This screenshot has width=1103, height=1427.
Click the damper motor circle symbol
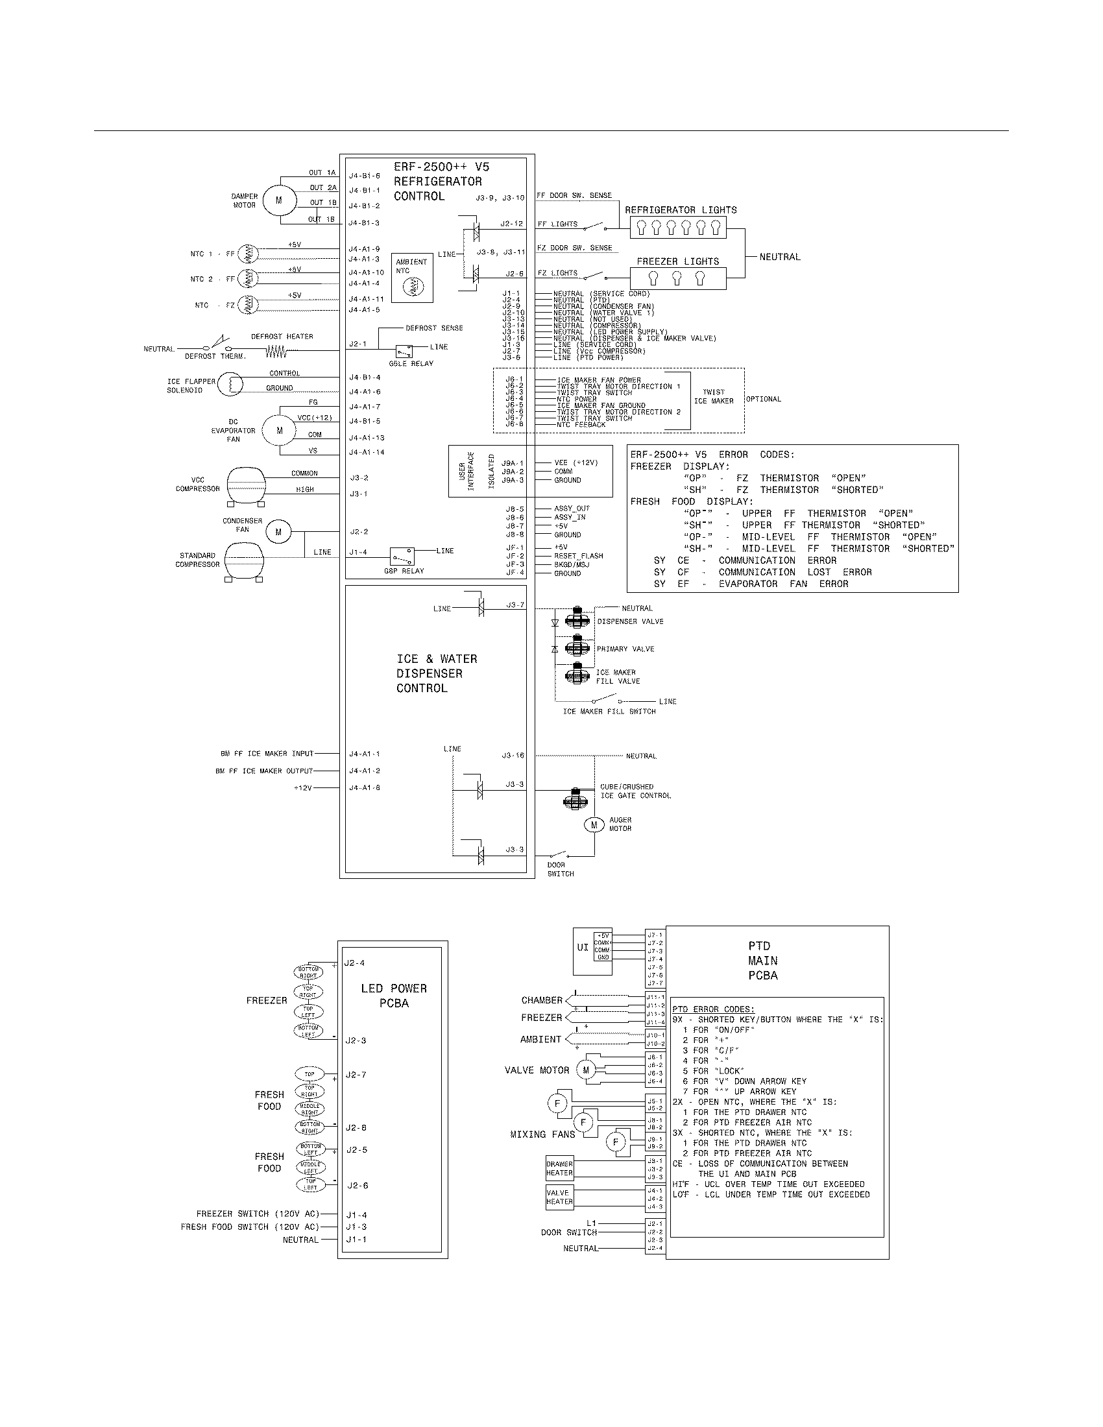279,200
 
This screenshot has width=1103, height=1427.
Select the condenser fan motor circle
278,532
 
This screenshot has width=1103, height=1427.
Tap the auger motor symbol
594,824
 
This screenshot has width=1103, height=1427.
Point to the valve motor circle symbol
585,1070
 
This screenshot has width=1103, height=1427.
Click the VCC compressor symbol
246,483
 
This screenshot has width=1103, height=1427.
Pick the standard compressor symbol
245,559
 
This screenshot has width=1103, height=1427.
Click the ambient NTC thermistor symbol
412,286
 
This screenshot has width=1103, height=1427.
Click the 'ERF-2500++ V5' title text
441,167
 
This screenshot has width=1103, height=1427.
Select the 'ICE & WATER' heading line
437,658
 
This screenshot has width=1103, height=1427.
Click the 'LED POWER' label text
393,989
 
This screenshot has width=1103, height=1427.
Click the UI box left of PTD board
582,948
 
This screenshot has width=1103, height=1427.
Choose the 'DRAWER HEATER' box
559,1168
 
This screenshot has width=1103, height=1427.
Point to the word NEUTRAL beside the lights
779,257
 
